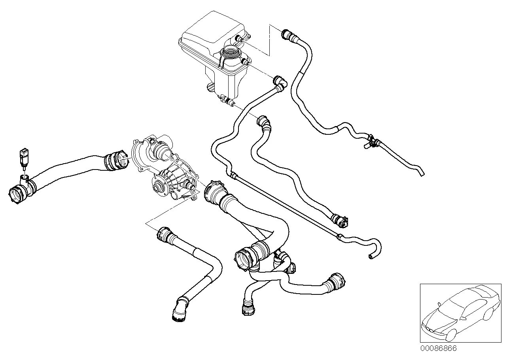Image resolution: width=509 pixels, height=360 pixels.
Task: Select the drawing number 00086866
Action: [438, 349]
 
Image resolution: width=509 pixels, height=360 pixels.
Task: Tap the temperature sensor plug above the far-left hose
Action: [24, 156]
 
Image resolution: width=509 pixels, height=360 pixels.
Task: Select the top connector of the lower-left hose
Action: [163, 234]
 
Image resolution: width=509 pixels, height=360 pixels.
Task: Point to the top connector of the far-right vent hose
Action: [287, 35]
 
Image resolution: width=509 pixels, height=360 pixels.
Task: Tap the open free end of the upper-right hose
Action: [422, 173]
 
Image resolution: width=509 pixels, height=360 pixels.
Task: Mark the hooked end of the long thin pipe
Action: [372, 256]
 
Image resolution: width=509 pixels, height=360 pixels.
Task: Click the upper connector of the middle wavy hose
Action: [264, 123]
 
